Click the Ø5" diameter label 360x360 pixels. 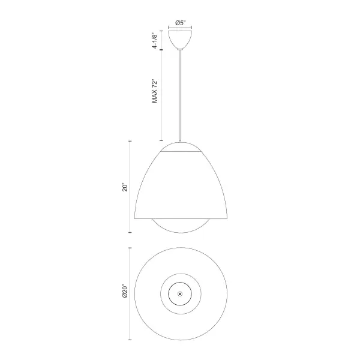pyautogui.click(x=180, y=23)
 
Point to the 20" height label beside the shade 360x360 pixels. pyautogui.click(x=125, y=187)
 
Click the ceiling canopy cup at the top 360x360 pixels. pyautogui.click(x=180, y=40)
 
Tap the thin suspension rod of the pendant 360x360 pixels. pyautogui.click(x=180, y=96)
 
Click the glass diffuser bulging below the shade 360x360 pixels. pyautogui.click(x=180, y=227)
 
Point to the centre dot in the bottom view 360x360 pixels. pyautogui.click(x=180, y=293)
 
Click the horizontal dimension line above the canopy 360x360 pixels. pyautogui.click(x=180, y=28)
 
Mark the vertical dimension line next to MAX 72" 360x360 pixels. pyautogui.click(x=161, y=96)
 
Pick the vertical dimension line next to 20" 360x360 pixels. pyautogui.click(x=131, y=187)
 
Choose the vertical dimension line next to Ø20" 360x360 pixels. pyautogui.click(x=131, y=293)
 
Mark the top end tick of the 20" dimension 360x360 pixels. pyautogui.click(x=131, y=141)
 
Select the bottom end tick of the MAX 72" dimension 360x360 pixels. pyautogui.click(x=161, y=140)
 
